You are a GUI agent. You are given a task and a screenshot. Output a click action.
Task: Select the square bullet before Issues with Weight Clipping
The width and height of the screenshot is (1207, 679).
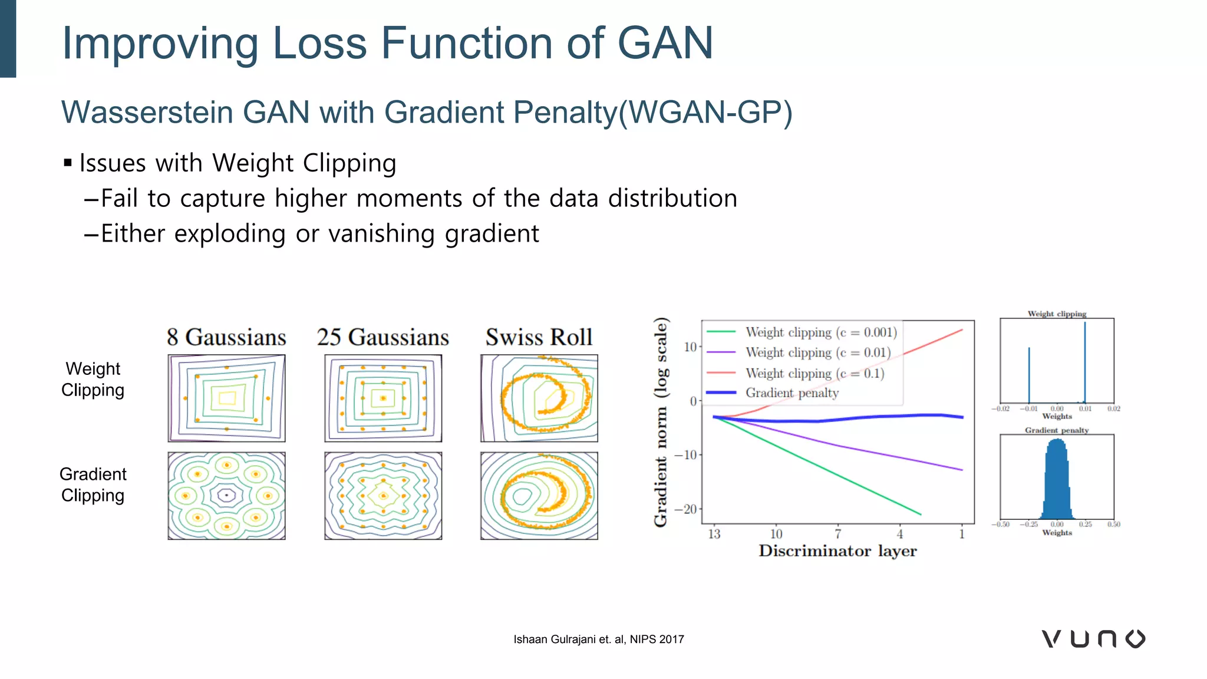(68, 163)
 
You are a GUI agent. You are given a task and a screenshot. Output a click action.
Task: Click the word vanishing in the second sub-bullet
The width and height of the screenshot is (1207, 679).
(383, 234)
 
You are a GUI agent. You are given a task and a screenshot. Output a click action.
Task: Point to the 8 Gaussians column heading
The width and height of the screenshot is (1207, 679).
(226, 337)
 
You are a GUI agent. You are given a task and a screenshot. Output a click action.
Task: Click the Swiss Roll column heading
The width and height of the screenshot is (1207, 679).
(539, 337)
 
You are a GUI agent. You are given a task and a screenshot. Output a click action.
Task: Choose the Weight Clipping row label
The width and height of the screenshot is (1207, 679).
(93, 380)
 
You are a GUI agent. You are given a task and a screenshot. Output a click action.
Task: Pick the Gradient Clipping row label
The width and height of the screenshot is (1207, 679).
(93, 484)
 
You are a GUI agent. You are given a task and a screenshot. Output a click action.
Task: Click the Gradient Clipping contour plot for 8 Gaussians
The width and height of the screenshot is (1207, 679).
(226, 496)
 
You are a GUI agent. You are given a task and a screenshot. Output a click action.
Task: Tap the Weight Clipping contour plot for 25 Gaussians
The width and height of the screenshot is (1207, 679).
(383, 398)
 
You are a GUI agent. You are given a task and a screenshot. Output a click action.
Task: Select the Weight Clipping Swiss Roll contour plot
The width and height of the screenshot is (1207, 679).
(539, 398)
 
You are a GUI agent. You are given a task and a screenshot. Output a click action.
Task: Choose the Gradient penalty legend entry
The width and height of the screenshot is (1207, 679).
(792, 393)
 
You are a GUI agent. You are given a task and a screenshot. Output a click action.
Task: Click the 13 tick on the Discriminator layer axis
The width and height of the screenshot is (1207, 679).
(714, 534)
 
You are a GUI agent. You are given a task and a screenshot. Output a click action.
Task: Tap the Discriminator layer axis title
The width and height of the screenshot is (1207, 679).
(837, 551)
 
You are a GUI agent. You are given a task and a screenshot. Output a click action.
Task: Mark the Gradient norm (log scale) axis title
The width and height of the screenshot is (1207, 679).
(661, 421)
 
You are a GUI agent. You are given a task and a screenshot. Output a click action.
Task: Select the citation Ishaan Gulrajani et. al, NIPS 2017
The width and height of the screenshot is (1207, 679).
(598, 640)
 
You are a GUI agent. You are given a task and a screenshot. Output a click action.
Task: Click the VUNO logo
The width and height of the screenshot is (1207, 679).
(1093, 639)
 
